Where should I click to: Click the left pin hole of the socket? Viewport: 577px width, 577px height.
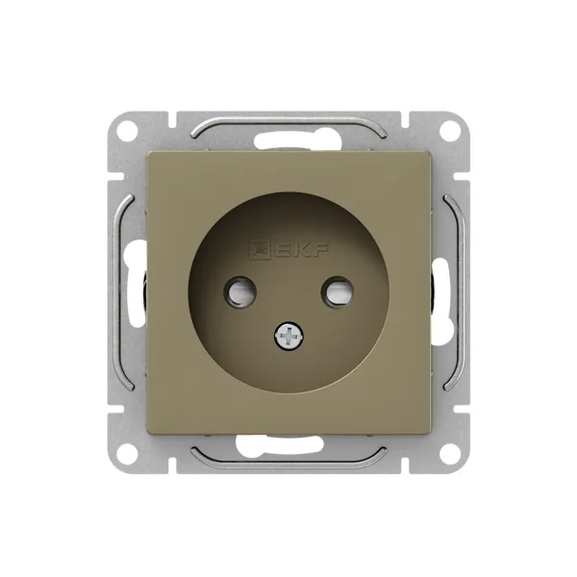[x=239, y=292]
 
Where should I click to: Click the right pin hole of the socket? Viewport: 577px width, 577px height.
[x=338, y=292]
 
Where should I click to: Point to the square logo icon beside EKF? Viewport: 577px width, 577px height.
[x=261, y=249]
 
